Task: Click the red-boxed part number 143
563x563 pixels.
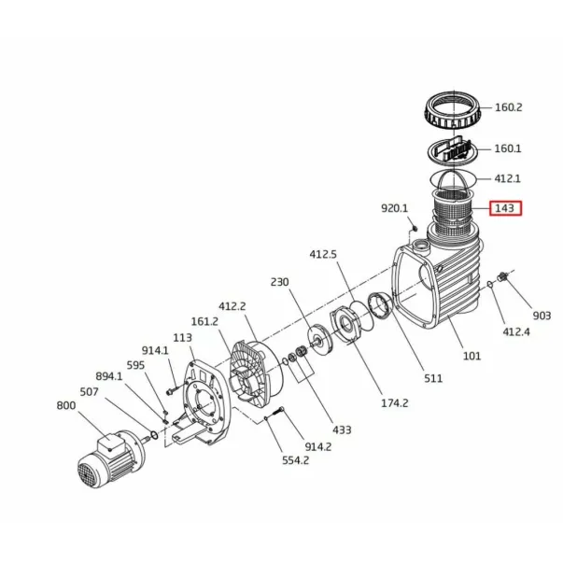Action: tap(505, 208)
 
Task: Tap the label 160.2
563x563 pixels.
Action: tap(509, 107)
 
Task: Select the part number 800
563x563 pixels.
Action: tap(66, 405)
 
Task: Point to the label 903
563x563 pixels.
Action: tap(542, 316)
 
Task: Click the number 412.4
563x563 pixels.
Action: tap(516, 331)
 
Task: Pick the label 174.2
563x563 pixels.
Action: tap(395, 403)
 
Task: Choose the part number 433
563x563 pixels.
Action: tap(342, 429)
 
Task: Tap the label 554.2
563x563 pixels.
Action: tap(295, 460)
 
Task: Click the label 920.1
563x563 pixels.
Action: tap(394, 208)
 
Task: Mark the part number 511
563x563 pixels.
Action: tap(433, 378)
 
